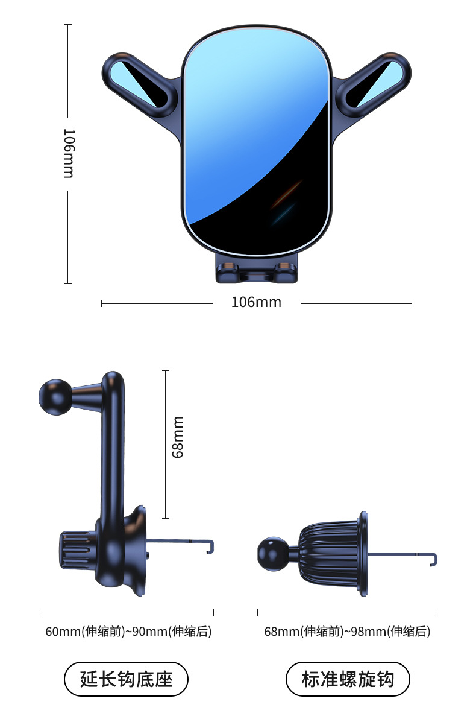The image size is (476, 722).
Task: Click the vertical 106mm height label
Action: [69, 153]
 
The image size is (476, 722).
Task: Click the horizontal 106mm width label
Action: [256, 302]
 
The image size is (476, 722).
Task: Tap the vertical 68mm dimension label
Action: [178, 437]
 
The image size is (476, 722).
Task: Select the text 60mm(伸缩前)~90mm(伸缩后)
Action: [128, 632]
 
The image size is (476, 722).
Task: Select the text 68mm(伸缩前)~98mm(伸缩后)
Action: [347, 632]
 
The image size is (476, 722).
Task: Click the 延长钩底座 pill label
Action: [126, 679]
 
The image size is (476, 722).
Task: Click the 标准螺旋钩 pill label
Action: [348, 679]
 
